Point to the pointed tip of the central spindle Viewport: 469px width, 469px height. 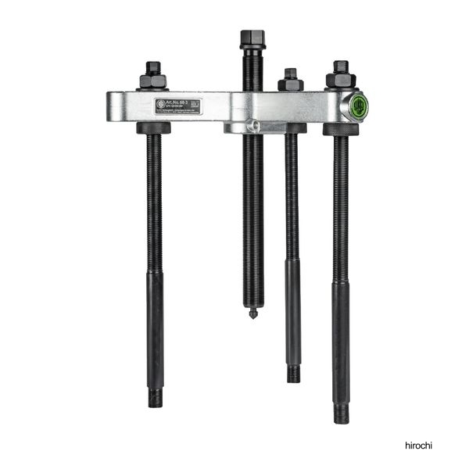(x=252, y=314)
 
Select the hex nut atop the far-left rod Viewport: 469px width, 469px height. (x=153, y=76)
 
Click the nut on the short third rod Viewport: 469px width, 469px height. (x=291, y=80)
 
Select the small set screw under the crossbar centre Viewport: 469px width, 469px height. (x=251, y=125)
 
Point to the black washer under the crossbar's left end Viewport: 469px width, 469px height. (x=154, y=128)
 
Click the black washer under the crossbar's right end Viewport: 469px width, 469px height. (x=341, y=129)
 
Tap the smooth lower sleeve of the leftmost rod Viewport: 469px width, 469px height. (x=156, y=328)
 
